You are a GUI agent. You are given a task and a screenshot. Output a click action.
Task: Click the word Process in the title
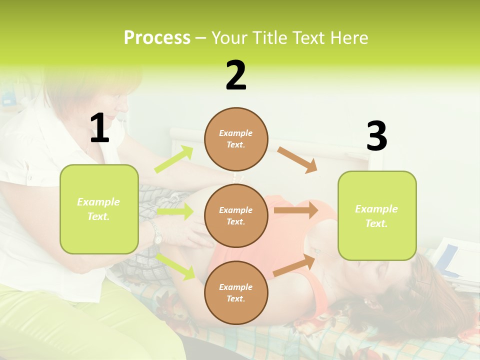(x=157, y=38)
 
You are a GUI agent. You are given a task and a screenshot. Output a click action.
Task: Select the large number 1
(x=99, y=128)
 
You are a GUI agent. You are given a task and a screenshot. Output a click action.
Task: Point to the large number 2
(x=236, y=75)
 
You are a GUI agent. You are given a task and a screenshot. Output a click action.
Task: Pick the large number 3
(x=376, y=136)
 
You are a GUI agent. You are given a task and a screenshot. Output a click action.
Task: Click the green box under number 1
(x=99, y=209)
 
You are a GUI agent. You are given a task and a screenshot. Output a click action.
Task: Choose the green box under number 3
(x=377, y=215)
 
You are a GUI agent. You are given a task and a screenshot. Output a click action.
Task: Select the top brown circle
(x=236, y=139)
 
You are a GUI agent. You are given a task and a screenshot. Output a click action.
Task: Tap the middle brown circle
(x=236, y=215)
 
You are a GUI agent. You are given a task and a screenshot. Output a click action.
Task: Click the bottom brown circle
(x=236, y=292)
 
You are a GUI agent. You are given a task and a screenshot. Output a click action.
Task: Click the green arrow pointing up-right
(x=173, y=159)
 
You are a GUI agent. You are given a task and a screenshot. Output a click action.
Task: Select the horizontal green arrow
(x=174, y=212)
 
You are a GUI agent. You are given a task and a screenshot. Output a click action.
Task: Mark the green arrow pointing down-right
(x=175, y=266)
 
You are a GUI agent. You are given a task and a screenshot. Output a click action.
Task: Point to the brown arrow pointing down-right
(x=297, y=160)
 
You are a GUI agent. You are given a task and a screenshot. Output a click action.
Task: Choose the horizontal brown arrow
(x=295, y=210)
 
